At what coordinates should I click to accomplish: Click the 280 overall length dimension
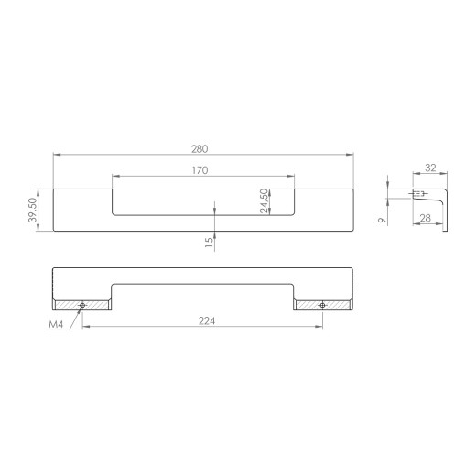pos(200,149)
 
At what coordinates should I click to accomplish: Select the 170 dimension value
pos(200,170)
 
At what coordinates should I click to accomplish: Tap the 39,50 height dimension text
pos(32,211)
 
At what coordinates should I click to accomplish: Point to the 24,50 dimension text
pos(265,200)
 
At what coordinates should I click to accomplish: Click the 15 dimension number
pos(209,243)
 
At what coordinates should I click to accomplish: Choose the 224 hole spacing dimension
pos(207,320)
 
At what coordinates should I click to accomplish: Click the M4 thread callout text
pos(56,324)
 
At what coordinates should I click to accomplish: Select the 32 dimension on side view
pos(430,168)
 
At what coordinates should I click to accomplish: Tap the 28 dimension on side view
pos(426,218)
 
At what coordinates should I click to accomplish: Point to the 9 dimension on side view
pos(382,220)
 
